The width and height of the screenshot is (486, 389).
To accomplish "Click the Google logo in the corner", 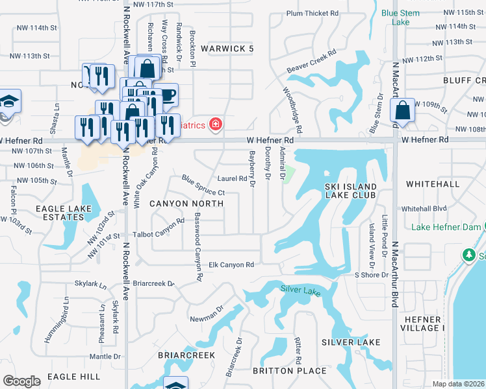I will (x=21, y=381).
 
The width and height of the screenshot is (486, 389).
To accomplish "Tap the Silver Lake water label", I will (x=300, y=290).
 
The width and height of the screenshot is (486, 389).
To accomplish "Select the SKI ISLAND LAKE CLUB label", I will (x=350, y=191).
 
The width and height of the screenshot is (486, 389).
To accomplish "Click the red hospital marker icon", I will (x=214, y=124).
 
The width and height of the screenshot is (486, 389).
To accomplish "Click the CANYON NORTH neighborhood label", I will (x=186, y=204).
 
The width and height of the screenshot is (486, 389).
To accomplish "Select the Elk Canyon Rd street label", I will (x=231, y=265).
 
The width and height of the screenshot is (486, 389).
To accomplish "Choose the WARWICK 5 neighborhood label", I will (x=227, y=49).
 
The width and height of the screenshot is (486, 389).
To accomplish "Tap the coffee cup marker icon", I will (x=167, y=95).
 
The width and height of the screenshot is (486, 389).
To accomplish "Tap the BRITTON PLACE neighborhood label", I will (x=289, y=370).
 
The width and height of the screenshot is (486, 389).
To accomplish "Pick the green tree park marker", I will (x=468, y=255).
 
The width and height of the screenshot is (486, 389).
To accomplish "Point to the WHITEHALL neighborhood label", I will (x=433, y=184).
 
